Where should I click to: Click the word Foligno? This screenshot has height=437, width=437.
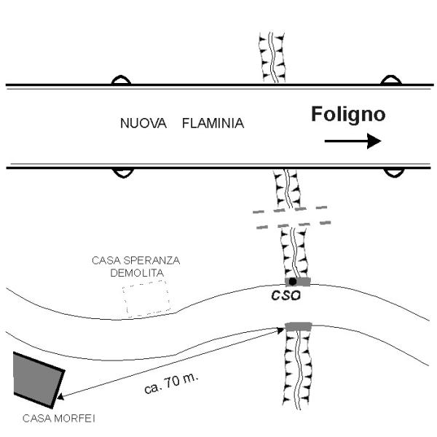(x=348, y=114)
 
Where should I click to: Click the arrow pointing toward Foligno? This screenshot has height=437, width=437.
(x=353, y=141)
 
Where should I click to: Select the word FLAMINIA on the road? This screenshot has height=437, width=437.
(x=213, y=124)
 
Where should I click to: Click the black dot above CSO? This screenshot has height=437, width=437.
(x=292, y=281)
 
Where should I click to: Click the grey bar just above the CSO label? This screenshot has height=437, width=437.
(x=299, y=281)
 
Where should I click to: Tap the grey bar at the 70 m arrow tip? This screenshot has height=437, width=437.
(x=298, y=326)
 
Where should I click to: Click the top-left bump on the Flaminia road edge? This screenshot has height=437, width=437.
(x=121, y=80)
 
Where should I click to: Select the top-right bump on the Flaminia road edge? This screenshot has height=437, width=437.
(x=393, y=80)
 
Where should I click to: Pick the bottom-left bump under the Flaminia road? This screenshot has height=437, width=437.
(x=121, y=173)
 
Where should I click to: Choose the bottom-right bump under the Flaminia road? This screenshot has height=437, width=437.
(x=394, y=173)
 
